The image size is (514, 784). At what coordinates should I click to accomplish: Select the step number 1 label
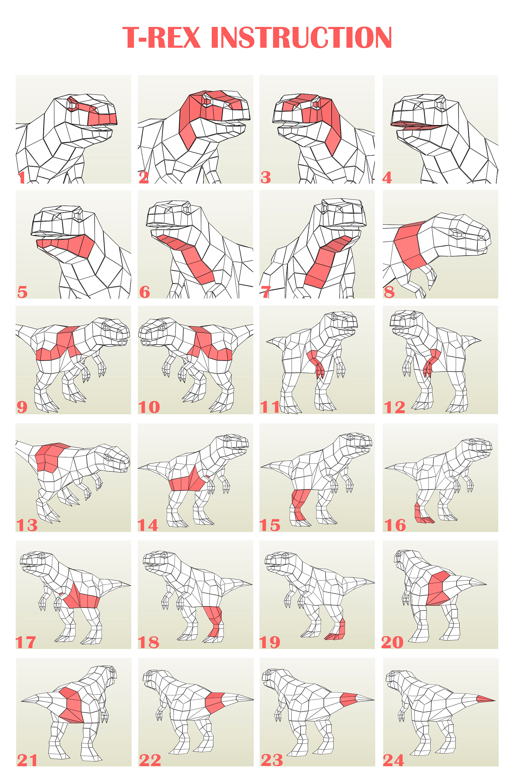click(x=22, y=177)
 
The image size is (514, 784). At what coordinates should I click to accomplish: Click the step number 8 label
click(x=389, y=292)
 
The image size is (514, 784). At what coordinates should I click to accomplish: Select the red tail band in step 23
click(x=348, y=699)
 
